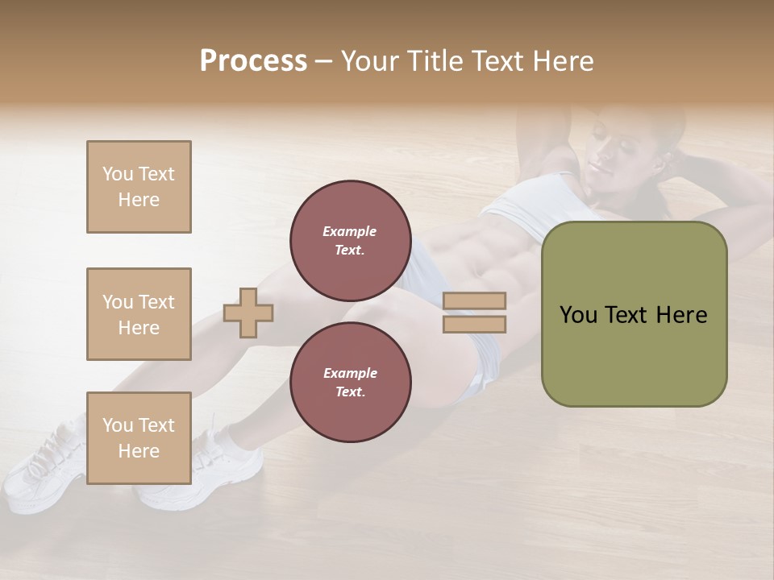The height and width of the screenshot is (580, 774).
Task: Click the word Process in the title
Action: (x=253, y=61)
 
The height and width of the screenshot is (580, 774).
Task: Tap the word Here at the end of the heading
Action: (x=561, y=61)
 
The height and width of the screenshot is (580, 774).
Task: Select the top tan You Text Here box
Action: (x=139, y=187)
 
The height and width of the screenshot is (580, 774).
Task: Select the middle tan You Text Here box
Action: (x=139, y=314)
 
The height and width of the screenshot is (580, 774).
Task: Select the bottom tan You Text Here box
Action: (x=139, y=437)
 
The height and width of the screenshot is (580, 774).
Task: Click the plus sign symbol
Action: (x=248, y=313)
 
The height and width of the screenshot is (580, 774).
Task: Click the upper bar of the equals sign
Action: (x=475, y=300)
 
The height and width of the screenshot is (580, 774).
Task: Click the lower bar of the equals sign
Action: (x=475, y=324)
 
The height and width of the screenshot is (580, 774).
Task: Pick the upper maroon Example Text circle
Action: (x=350, y=240)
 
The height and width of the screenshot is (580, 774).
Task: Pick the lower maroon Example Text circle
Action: (x=350, y=382)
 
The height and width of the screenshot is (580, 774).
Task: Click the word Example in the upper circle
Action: (x=350, y=231)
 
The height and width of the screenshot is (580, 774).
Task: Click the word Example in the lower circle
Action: (x=350, y=373)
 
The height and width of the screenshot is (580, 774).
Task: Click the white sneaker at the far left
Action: (x=44, y=467)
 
